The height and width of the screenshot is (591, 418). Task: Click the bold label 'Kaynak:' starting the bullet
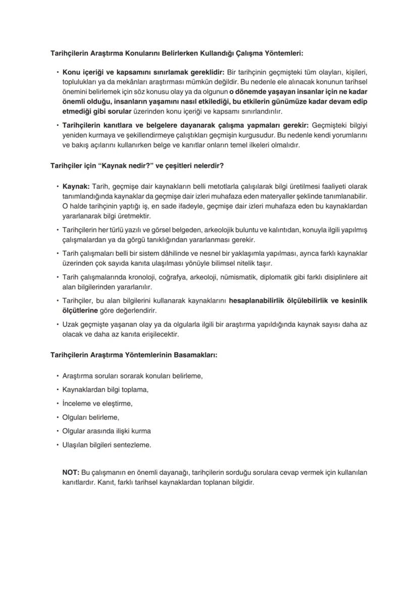tap(76, 186)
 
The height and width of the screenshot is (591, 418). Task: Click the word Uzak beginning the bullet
tap(71, 325)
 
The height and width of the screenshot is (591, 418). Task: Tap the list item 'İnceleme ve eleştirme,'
tap(97, 403)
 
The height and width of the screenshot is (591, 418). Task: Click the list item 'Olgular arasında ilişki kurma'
tap(106, 431)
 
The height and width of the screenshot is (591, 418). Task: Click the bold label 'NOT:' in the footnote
tap(71, 472)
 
